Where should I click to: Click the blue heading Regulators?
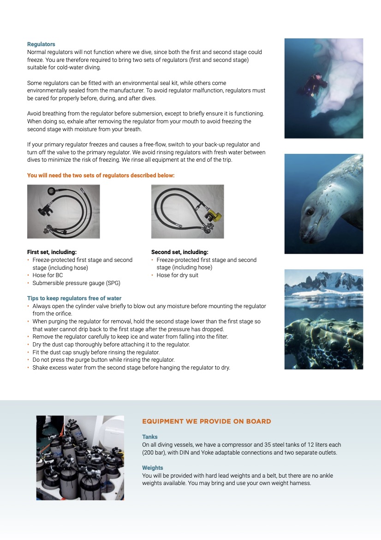41,44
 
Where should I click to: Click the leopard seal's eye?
310,211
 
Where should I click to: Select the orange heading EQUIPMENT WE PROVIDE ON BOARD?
206,421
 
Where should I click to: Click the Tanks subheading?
149,437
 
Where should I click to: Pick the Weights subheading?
152,468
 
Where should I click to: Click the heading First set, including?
52,252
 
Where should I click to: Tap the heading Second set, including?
179,252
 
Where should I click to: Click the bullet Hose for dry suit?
178,275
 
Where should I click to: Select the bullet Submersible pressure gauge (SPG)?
76,283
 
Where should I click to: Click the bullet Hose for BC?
48,275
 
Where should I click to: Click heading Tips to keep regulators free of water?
74,298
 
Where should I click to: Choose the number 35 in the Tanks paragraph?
270,445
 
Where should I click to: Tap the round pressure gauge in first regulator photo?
51,190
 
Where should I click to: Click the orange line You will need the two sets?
101,176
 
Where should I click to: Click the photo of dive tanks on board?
80,457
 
